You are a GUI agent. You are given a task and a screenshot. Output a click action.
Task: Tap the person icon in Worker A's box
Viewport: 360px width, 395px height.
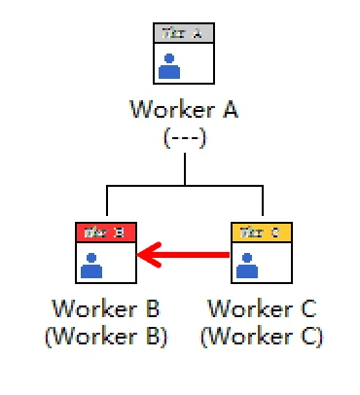(169, 66)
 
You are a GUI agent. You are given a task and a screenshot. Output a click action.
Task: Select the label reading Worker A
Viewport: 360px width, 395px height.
(185, 109)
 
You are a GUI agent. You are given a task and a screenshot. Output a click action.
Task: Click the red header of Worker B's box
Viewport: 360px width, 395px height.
(106, 233)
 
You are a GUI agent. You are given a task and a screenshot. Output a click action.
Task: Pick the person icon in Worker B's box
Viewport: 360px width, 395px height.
(91, 265)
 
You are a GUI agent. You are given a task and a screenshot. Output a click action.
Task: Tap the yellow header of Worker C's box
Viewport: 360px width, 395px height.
(262, 233)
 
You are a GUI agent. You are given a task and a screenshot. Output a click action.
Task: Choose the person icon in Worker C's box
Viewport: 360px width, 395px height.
(247, 265)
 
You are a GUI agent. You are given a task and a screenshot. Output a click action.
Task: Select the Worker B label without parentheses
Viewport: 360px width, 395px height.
(106, 310)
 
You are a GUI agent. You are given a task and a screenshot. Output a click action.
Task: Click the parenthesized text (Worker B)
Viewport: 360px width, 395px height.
(106, 337)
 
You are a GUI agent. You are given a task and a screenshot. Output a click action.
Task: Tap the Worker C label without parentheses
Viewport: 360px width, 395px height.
(262, 310)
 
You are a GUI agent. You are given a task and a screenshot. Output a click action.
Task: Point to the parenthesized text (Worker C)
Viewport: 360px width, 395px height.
(262, 337)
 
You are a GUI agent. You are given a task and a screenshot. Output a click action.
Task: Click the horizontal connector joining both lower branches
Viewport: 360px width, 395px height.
(185, 185)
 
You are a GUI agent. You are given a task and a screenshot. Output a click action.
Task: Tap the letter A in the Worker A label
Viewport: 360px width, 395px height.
(231, 109)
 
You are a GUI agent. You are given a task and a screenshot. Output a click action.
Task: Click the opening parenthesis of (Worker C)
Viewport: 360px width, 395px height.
(203, 338)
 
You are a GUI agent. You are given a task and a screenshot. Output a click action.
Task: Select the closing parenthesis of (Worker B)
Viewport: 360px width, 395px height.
(165, 338)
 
